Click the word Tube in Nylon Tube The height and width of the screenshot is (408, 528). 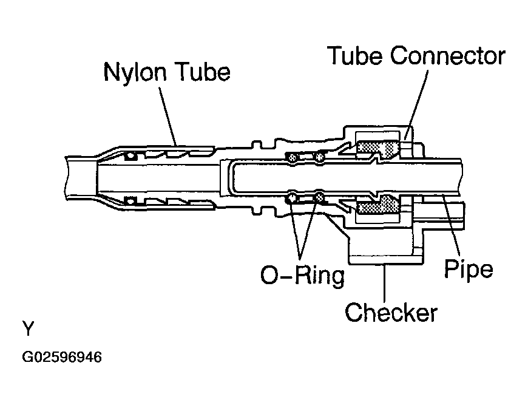click(204, 72)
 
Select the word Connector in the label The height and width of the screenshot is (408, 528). click(447, 56)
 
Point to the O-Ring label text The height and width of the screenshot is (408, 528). click(303, 275)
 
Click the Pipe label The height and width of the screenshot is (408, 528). click(469, 269)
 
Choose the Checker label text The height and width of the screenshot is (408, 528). click(391, 312)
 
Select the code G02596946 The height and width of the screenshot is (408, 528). click(62, 357)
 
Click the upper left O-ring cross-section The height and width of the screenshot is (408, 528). click(292, 157)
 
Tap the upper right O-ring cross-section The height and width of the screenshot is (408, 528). click(319, 157)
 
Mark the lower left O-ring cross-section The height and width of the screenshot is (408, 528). click(292, 198)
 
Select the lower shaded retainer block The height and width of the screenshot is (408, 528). click(378, 205)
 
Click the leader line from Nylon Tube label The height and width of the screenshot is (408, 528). click(168, 116)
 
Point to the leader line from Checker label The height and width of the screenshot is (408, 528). click(385, 282)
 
